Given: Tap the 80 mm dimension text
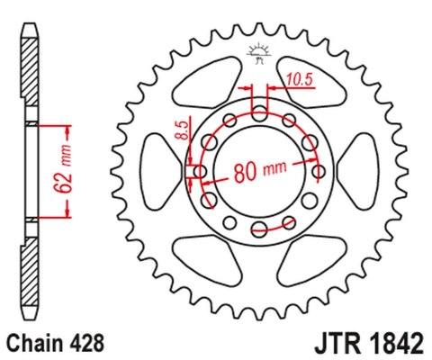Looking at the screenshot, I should point(261,171).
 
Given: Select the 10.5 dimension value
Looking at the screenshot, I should point(298,80).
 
